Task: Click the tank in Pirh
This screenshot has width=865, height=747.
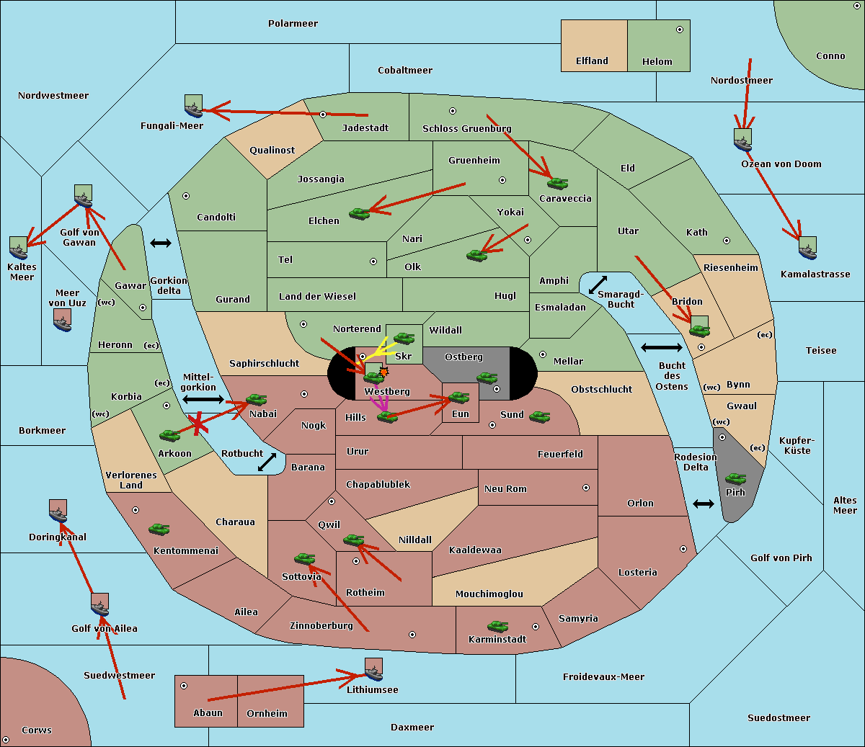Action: (735, 478)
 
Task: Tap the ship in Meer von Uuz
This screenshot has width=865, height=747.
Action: (63, 321)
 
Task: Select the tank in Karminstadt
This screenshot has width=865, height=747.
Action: (497, 627)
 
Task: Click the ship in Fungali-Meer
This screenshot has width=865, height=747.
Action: (193, 106)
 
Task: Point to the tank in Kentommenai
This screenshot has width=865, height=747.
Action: (159, 529)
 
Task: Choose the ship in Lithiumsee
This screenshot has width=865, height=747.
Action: (373, 670)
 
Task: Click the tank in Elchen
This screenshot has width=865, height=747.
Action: (360, 214)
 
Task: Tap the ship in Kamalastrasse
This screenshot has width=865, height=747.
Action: (807, 249)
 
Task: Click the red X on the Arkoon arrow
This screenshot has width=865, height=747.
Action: (198, 424)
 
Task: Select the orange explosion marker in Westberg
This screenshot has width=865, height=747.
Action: (383, 372)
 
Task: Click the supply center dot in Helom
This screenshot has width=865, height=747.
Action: (680, 30)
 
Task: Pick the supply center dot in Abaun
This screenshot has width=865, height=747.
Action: (184, 686)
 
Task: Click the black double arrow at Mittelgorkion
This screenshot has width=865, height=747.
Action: (203, 399)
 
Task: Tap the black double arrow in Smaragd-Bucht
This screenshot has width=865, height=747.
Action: (598, 285)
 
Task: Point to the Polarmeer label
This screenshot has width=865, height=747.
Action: (293, 24)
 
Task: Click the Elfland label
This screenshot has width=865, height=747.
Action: (592, 61)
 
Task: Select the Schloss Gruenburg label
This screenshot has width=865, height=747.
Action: (467, 128)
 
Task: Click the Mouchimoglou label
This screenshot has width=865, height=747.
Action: (489, 594)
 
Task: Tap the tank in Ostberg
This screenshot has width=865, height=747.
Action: (487, 378)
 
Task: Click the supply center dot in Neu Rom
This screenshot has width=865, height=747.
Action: (586, 488)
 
